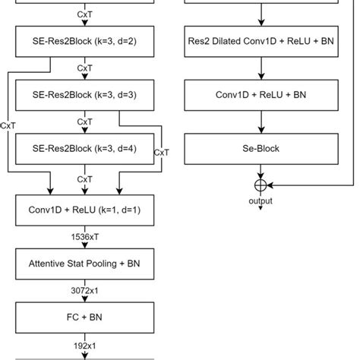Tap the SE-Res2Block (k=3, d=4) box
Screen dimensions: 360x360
click(x=85, y=148)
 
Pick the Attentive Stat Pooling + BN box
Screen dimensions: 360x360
click(x=85, y=267)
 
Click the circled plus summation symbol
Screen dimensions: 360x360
click(x=261, y=185)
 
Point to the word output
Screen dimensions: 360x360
click(x=261, y=201)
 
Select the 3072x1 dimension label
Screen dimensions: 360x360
click(x=85, y=290)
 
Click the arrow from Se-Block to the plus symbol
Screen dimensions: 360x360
click(x=261, y=172)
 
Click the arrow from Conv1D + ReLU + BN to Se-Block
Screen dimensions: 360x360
click(x=261, y=122)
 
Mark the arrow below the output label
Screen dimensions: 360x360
click(x=261, y=208)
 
